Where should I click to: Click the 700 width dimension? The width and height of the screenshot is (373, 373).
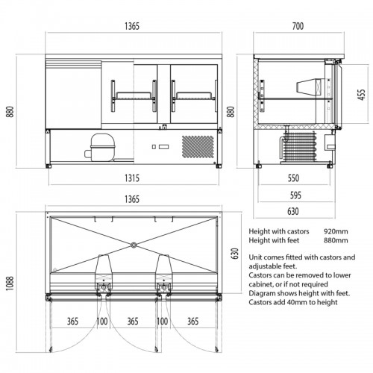point(298,26)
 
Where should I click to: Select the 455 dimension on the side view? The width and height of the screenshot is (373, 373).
point(361,95)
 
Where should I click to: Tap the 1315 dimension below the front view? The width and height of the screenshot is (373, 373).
point(132,178)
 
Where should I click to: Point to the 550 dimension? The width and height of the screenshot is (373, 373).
point(293,178)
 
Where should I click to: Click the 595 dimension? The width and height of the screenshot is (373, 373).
point(295,195)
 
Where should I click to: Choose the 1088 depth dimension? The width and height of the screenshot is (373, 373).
point(10,283)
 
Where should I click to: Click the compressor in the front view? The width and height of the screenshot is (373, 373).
point(100,148)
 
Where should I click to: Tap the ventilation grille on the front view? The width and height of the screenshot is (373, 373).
point(198,146)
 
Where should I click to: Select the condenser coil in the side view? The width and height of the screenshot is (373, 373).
point(298,146)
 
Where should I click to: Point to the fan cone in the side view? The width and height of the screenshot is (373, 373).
point(308,87)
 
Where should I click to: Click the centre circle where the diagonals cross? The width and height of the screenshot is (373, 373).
point(134,245)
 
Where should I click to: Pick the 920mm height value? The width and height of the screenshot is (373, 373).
point(336,231)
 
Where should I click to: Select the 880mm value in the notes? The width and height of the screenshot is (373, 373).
point(336,240)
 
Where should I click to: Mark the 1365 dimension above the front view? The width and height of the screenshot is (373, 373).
point(132,26)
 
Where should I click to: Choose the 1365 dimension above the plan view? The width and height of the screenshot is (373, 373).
point(132,199)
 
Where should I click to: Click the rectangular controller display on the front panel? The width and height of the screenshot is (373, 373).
point(163,147)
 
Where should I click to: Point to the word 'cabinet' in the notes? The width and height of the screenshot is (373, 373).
point(260,284)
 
